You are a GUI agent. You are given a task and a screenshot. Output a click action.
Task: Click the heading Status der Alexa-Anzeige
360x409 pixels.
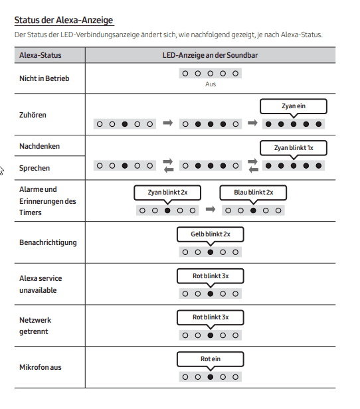(64, 20)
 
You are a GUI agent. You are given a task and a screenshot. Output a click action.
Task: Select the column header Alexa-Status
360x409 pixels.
(40, 55)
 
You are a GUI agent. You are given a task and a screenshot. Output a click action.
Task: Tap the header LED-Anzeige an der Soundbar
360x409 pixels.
(210, 55)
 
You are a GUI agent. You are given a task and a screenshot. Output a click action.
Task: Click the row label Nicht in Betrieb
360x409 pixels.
(44, 78)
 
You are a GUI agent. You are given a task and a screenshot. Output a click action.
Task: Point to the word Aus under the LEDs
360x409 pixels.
(211, 84)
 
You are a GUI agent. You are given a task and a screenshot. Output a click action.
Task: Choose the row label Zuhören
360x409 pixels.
(33, 115)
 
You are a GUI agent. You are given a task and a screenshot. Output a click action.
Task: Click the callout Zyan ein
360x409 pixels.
(294, 106)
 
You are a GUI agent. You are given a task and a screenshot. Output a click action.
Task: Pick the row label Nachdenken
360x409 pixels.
(39, 146)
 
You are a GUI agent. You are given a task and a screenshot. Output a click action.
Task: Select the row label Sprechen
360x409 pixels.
(35, 168)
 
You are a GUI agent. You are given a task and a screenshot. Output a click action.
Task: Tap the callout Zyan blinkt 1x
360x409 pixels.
(294, 148)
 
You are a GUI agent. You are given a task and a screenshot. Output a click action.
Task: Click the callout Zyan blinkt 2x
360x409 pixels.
(167, 193)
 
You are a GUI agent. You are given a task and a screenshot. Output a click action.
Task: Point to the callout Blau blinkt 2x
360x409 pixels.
(253, 193)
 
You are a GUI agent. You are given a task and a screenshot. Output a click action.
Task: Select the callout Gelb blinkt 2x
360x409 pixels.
(211, 234)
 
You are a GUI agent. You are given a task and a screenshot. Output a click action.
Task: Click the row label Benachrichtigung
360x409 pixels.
(48, 242)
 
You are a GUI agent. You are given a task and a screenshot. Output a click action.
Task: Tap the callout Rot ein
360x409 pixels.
(211, 359)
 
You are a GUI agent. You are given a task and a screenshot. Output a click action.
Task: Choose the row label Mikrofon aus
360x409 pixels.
(40, 367)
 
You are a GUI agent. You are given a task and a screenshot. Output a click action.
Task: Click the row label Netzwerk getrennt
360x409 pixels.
(35, 326)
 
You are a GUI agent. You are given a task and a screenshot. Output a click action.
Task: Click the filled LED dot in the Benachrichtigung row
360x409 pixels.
(211, 252)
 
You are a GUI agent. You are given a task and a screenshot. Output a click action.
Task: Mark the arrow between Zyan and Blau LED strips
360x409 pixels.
(211, 209)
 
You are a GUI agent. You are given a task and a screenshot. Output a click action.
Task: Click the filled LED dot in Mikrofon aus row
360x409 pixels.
(211, 377)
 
